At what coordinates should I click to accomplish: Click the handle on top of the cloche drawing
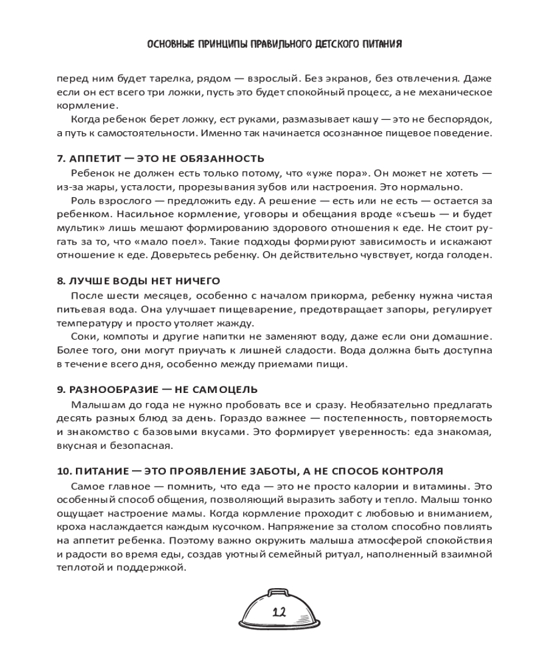point(278,592)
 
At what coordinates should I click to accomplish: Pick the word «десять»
point(74,418)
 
